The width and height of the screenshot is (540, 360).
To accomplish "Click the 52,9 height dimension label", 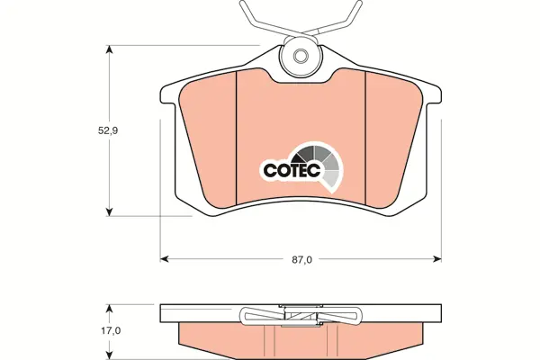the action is (x=108, y=130).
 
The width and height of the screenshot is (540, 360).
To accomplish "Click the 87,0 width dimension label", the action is (x=302, y=260).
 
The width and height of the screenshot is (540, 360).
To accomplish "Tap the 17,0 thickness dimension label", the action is (x=111, y=331).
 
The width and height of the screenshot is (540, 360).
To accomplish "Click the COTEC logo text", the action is (x=292, y=170).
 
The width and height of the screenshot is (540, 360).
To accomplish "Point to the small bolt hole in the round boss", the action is (x=300, y=55).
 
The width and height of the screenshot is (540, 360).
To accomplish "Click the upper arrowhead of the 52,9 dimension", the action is (x=109, y=49).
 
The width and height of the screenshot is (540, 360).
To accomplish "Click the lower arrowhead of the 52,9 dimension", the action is (x=109, y=211).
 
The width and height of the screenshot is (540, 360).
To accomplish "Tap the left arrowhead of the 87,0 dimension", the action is (x=165, y=258).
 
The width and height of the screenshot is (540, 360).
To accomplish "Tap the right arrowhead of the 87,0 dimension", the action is (x=437, y=258).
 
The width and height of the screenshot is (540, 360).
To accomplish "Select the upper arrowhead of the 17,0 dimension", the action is (x=109, y=309).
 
